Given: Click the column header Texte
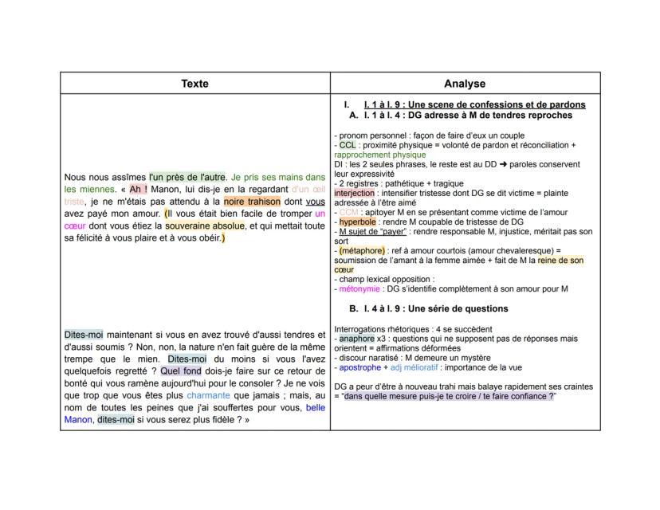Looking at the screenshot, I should [195, 84].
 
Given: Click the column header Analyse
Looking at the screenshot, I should [465, 84].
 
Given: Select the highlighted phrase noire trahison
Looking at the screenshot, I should [252, 202].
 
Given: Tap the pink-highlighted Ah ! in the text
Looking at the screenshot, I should [139, 190].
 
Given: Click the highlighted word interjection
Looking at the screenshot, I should [356, 193].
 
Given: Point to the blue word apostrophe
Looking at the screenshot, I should [360, 368].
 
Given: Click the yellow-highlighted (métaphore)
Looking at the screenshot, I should [363, 250].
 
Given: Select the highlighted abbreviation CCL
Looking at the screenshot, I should [348, 145].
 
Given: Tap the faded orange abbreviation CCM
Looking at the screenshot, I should [348, 213].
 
